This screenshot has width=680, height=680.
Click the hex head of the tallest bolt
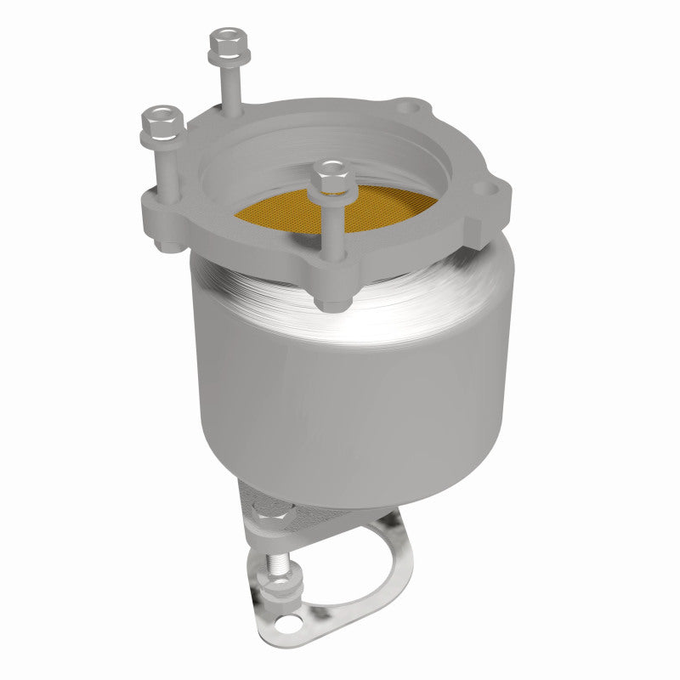pyautogui.click(x=225, y=38)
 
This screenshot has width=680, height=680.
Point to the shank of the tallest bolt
pyautogui.click(x=229, y=85)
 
